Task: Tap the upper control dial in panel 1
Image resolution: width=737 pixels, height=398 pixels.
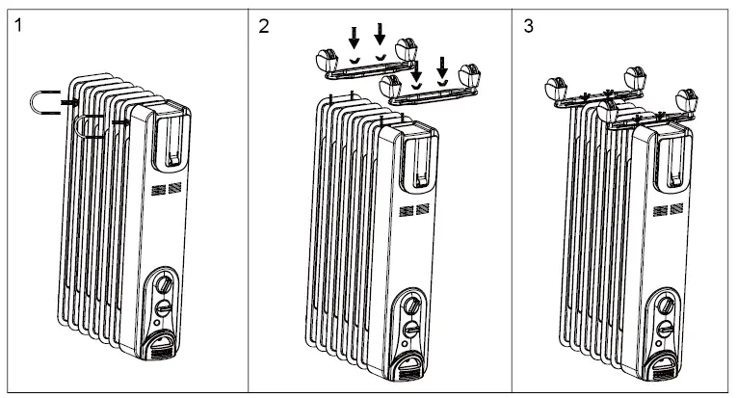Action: (x=163, y=285)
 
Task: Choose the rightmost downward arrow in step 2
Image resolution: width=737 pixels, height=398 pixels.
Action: (x=441, y=66)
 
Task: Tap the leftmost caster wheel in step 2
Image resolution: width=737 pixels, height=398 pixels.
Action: (x=325, y=59)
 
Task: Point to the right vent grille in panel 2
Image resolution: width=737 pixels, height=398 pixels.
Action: (x=424, y=208)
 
